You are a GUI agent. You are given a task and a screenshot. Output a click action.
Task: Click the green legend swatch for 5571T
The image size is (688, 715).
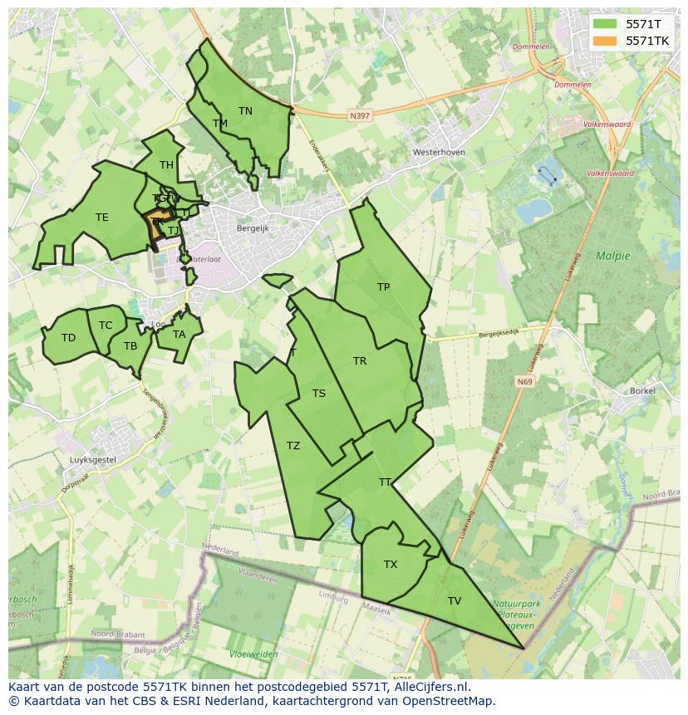click(x=606, y=24)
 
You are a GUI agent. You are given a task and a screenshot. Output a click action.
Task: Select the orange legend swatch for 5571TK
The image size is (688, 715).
click(x=606, y=41)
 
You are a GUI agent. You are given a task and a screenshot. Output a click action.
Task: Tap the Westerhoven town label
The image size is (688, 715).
click(x=439, y=153)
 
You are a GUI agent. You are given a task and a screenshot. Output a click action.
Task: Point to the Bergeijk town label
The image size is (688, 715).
click(x=253, y=228)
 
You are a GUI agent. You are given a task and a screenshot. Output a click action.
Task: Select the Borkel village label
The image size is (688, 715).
click(x=642, y=390)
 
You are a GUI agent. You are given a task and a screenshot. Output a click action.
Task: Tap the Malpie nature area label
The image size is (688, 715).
click(x=613, y=256)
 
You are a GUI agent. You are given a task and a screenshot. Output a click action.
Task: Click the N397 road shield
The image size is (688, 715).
click(x=360, y=116)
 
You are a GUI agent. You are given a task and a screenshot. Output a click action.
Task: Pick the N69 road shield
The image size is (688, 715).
click(x=523, y=382)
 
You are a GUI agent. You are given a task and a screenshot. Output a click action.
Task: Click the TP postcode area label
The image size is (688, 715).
click(x=383, y=287)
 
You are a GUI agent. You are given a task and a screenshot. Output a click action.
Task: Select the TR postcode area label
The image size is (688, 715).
click(x=360, y=361)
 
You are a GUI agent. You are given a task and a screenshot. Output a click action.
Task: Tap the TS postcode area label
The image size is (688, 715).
click(x=319, y=394)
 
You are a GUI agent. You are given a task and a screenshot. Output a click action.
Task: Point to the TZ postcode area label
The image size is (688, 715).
click(x=293, y=446)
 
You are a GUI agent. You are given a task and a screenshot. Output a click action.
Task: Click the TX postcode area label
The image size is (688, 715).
click(x=391, y=565)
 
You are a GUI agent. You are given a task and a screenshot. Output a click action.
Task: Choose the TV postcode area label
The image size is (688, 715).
click(x=455, y=601)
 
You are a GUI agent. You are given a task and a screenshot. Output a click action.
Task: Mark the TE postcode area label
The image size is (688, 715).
click(x=101, y=218)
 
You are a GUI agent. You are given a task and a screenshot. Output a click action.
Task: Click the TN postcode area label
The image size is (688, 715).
click(x=245, y=110)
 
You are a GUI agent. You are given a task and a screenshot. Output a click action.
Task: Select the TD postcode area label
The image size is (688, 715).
click(x=68, y=338)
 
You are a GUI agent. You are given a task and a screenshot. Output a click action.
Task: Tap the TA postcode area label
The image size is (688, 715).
click(x=179, y=335)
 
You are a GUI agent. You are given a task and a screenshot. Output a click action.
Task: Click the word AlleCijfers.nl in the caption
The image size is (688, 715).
click(x=429, y=687)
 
